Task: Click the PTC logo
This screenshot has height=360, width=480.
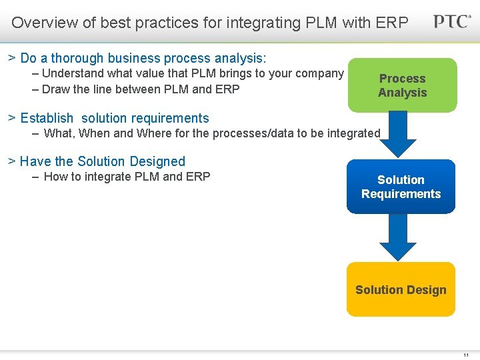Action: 452,21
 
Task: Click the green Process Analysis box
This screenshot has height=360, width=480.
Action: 402,85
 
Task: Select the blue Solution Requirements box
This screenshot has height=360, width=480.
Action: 401,187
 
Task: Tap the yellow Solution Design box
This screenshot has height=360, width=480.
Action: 401,289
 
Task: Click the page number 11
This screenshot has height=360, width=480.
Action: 466,355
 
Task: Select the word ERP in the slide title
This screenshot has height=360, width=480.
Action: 391,23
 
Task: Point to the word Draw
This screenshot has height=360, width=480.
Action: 56,89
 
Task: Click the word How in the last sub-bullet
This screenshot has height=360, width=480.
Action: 56,176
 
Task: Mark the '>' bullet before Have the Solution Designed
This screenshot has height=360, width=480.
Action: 11,161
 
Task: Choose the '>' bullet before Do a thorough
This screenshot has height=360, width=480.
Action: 12,58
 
